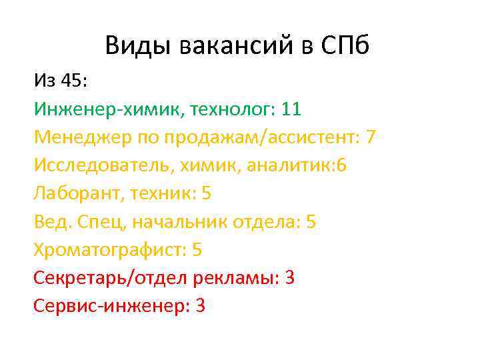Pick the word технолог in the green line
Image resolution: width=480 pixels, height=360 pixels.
231,109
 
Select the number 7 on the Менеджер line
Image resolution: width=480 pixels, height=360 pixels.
371,137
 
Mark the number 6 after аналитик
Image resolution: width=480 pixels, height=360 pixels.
342,165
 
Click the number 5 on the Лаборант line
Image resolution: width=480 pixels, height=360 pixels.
206,193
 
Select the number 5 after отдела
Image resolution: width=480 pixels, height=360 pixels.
311,222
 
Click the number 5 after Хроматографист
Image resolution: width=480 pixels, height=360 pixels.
197,250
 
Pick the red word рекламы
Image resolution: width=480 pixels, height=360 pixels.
234,278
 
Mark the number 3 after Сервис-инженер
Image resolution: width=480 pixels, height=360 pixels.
201,306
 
